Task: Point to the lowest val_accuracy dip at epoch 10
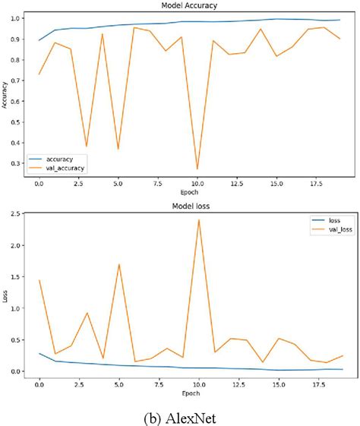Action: point(197,169)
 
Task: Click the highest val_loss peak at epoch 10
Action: point(197,220)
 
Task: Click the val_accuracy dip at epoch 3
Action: point(87,146)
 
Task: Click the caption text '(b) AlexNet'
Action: point(180,416)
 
